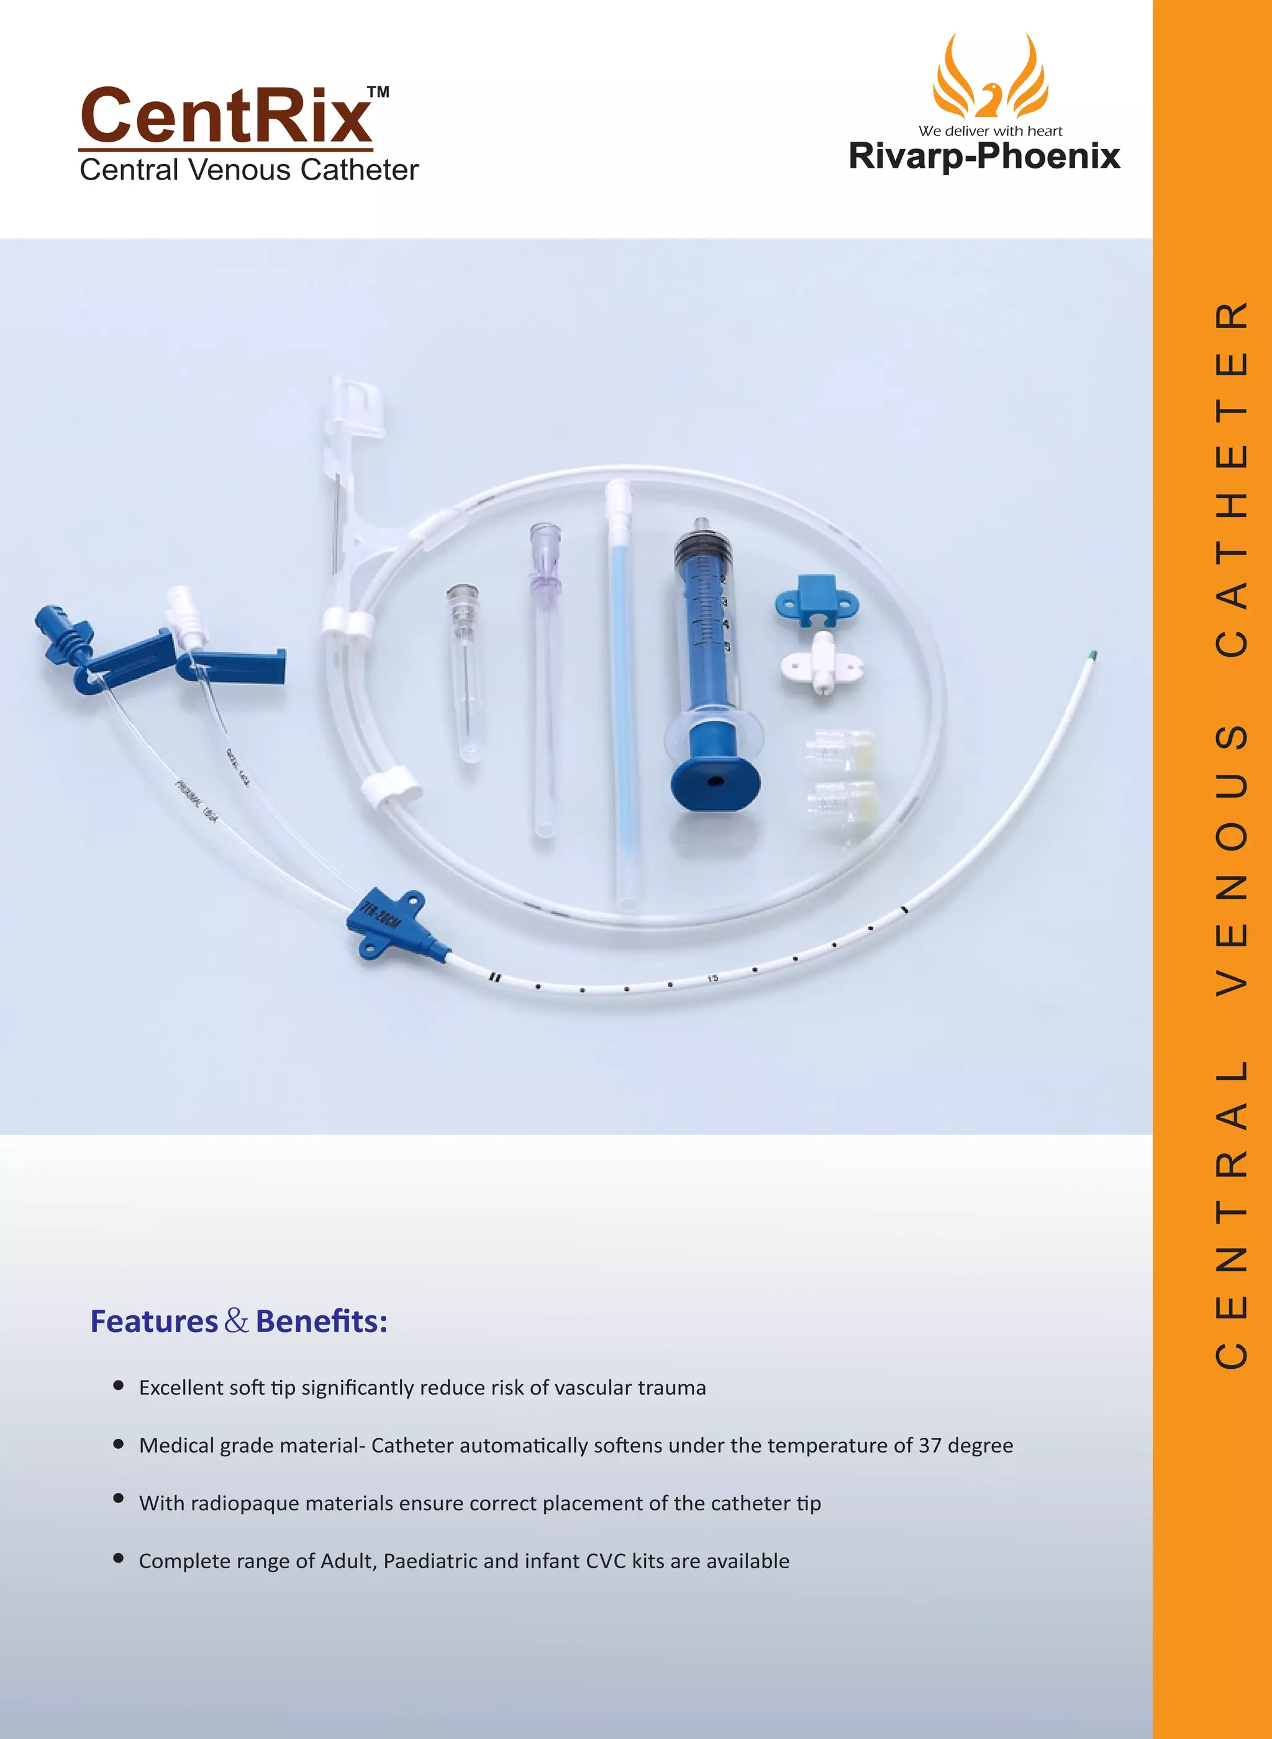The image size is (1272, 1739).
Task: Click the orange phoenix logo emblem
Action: tap(990, 77)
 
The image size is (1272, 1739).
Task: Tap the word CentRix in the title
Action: tap(225, 116)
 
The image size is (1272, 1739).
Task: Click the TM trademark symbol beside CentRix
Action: tap(378, 93)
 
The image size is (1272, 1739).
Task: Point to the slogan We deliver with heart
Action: tap(990, 131)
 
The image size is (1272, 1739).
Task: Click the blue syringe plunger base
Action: tap(715, 782)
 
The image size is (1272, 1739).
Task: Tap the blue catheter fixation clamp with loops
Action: tap(817, 598)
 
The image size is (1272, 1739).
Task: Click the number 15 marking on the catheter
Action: tap(713, 978)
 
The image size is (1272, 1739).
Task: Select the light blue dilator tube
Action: tap(622, 693)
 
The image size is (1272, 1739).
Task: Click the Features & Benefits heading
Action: tap(238, 1321)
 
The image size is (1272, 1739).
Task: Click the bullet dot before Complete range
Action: tap(119, 1558)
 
